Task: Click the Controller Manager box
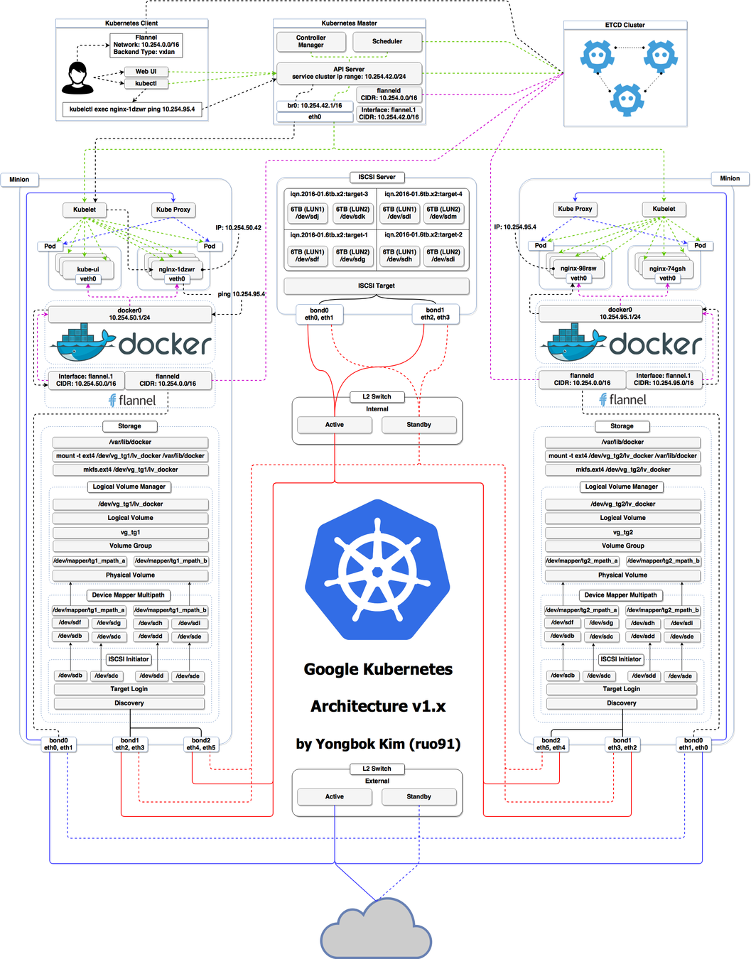310,41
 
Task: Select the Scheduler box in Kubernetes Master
387,41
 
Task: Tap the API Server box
349,73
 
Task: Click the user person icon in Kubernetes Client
77,78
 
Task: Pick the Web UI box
146,72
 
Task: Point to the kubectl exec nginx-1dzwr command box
132,109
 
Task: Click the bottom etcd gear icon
626,99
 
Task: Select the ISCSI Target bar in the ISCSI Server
376,286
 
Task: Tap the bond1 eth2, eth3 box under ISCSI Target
435,314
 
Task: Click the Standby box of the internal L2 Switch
418,425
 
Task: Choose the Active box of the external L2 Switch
334,797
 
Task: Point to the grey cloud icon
376,928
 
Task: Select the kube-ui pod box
88,269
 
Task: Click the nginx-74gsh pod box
667,269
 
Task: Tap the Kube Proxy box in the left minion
173,210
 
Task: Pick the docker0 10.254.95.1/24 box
620,313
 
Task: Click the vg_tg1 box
130,532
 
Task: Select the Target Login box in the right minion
621,689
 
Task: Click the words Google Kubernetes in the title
378,669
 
